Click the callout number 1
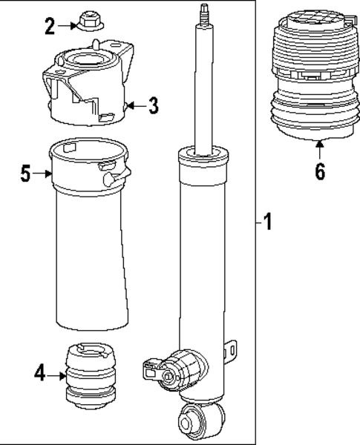(x=268, y=221)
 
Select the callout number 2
(x=50, y=27)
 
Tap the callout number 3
(x=152, y=106)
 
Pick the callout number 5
(x=25, y=175)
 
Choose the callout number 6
(x=319, y=171)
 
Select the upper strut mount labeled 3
(x=88, y=88)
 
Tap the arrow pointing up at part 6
(x=319, y=148)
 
